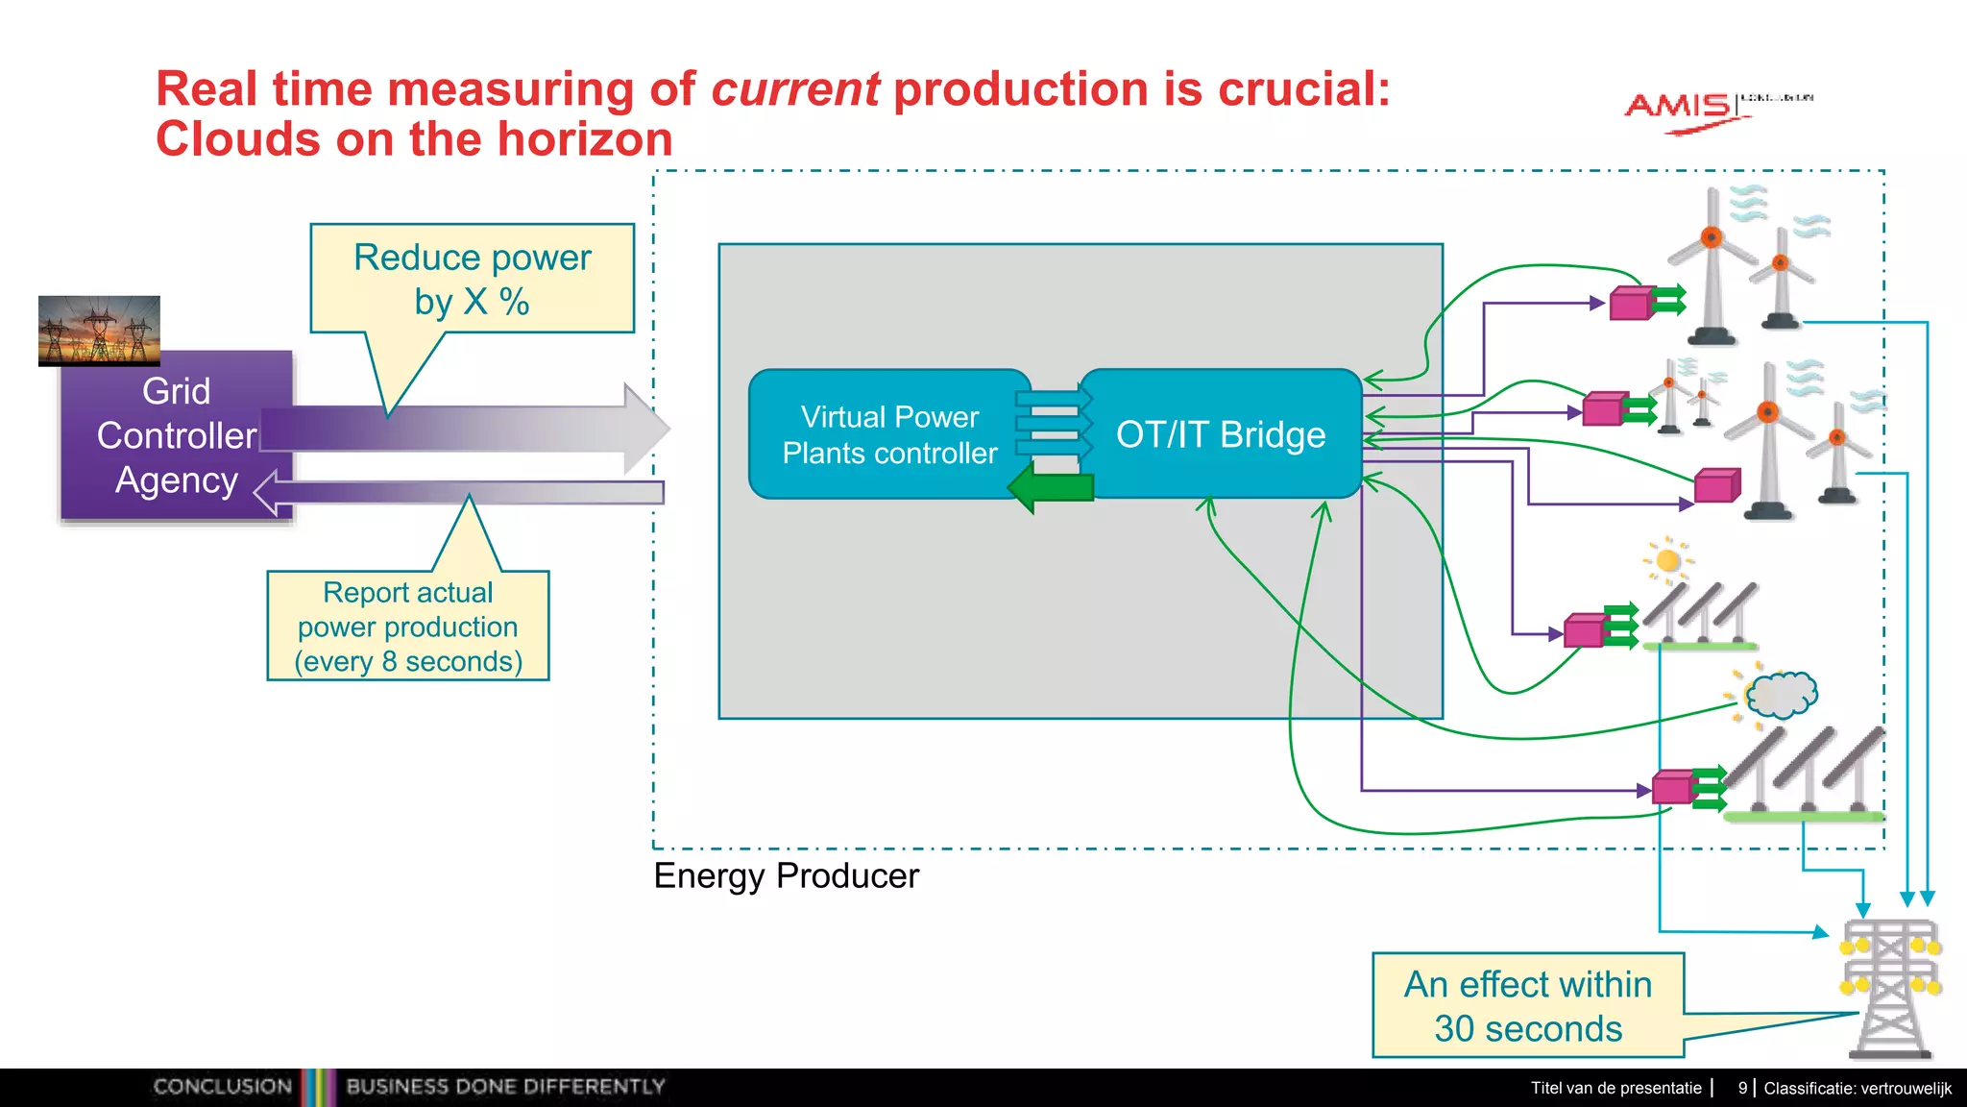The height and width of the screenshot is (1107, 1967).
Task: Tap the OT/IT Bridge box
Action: [1221, 434]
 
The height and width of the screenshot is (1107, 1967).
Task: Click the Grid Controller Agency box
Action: [176, 435]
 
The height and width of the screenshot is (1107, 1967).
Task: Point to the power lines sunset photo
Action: [99, 330]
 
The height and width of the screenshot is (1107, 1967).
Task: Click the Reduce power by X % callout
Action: [472, 279]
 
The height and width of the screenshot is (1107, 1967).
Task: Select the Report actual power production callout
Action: [408, 627]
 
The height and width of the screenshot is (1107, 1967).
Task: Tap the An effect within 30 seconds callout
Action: [1527, 1005]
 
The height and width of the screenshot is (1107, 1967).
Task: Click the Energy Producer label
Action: [786, 875]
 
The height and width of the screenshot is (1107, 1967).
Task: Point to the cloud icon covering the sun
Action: [1782, 694]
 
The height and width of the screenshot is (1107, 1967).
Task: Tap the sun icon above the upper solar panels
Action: [1668, 560]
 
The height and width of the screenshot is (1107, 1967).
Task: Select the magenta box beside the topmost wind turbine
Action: [1630, 304]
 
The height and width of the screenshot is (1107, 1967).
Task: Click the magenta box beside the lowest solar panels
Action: [1672, 788]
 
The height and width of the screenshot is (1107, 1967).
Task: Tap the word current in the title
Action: [794, 89]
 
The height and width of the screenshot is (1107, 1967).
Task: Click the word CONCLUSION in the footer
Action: [222, 1087]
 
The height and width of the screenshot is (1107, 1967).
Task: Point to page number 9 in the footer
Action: [1742, 1088]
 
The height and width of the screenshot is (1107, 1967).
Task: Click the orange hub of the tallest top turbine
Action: [1712, 236]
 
